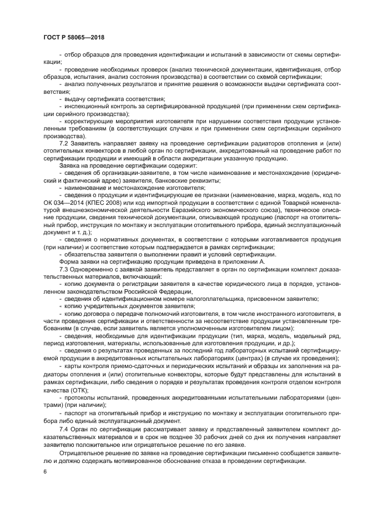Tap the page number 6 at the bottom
coord(44,471)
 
